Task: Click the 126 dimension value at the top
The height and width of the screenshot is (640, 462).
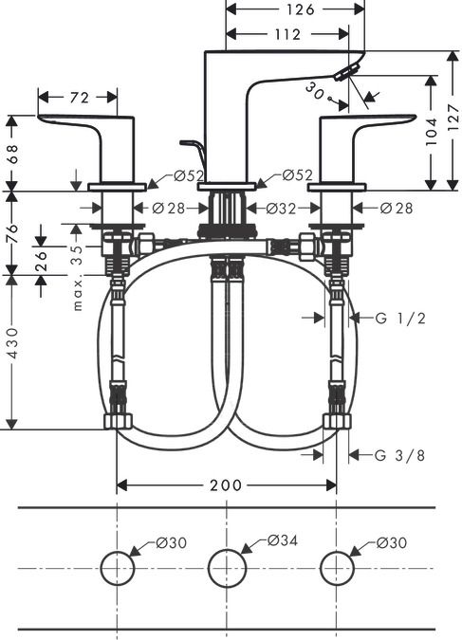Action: coord(300,9)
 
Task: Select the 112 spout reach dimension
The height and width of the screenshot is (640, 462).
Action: coord(287,34)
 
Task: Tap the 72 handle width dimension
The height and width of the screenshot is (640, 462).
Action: coord(80,98)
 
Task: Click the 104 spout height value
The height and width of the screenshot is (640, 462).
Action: coord(431,132)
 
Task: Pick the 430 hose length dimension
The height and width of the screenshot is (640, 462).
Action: coord(13,343)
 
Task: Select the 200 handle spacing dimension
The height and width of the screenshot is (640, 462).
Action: coord(226,485)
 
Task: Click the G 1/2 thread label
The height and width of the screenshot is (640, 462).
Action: coord(400,318)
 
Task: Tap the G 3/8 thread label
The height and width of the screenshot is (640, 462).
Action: coord(400,455)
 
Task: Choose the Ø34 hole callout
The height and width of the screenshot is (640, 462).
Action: coord(283,540)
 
